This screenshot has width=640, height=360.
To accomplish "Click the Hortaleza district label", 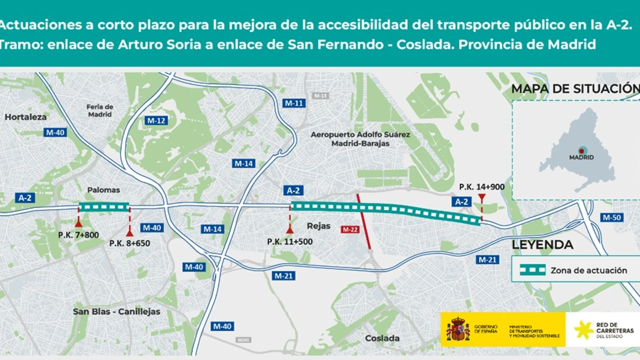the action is point(25,117).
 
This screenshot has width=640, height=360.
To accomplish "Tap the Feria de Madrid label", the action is point(100,110).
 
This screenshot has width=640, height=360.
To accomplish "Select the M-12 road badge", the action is point(156,120).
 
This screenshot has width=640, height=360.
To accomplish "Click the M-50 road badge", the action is point(611,217).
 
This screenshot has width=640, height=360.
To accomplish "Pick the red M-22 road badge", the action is point(350,229).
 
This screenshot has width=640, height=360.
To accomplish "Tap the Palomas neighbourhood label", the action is point(103,190).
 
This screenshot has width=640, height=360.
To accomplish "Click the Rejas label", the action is point(318,226).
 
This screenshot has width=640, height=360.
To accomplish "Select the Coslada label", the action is point(382,338).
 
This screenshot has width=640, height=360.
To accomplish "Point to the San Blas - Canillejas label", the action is point(116,311).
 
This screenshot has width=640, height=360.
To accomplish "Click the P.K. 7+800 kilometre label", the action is point(78,235).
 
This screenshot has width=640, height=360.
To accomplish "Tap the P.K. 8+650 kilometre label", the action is point(129,243).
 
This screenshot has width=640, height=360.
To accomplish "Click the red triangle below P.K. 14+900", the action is point(481,198).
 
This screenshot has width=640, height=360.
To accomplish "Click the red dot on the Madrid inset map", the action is point(581,150).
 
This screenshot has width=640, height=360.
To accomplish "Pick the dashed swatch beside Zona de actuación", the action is point(532,270).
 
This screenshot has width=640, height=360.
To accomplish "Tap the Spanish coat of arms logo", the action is point(458,329).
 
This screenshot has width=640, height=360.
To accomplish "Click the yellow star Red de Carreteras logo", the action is point(583,329).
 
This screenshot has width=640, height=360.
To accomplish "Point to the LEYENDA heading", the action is point(542,245).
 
